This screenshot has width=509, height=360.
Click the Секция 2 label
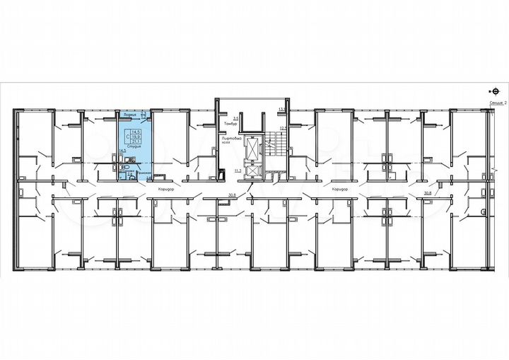tap(498, 103)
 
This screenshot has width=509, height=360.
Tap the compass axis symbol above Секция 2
tap(493, 91)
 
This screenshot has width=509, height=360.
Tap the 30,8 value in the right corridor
tap(426, 192)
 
